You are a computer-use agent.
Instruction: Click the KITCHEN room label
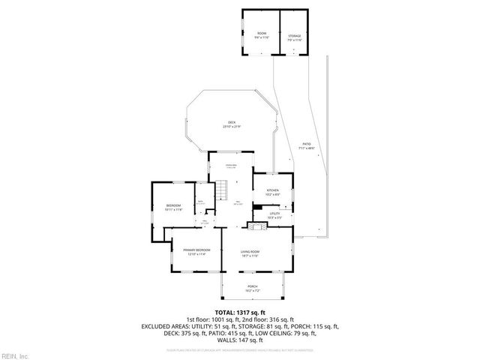272,190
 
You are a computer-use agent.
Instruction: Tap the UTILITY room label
274,213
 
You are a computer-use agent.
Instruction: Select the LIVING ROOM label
250,250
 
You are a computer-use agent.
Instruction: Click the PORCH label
252,286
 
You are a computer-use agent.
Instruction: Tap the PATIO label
306,144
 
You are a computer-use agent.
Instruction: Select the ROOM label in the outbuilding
262,34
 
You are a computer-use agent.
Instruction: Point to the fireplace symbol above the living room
257,224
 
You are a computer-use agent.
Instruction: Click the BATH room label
200,202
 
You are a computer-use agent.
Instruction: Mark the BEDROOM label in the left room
173,205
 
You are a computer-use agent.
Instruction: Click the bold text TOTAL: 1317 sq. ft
240,312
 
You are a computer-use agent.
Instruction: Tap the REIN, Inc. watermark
14,355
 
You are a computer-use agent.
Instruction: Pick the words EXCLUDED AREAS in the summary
167,326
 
